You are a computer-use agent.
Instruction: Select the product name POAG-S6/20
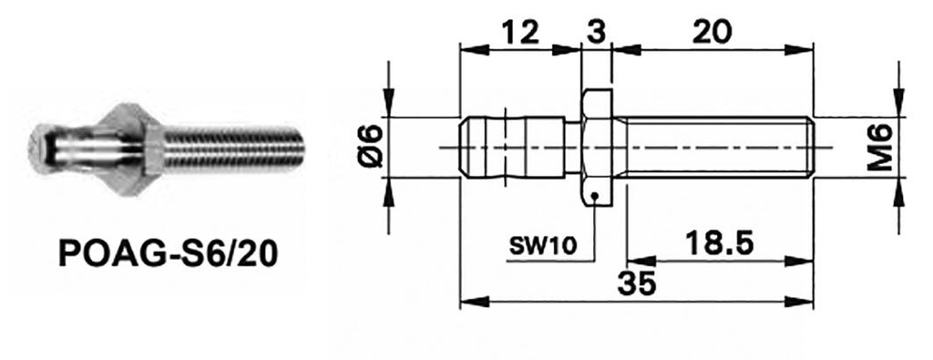coord(168,252)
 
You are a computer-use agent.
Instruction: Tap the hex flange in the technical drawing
coord(597,146)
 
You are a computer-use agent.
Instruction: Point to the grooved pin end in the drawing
coord(510,146)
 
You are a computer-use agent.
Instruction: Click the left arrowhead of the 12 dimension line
coord(466,47)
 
